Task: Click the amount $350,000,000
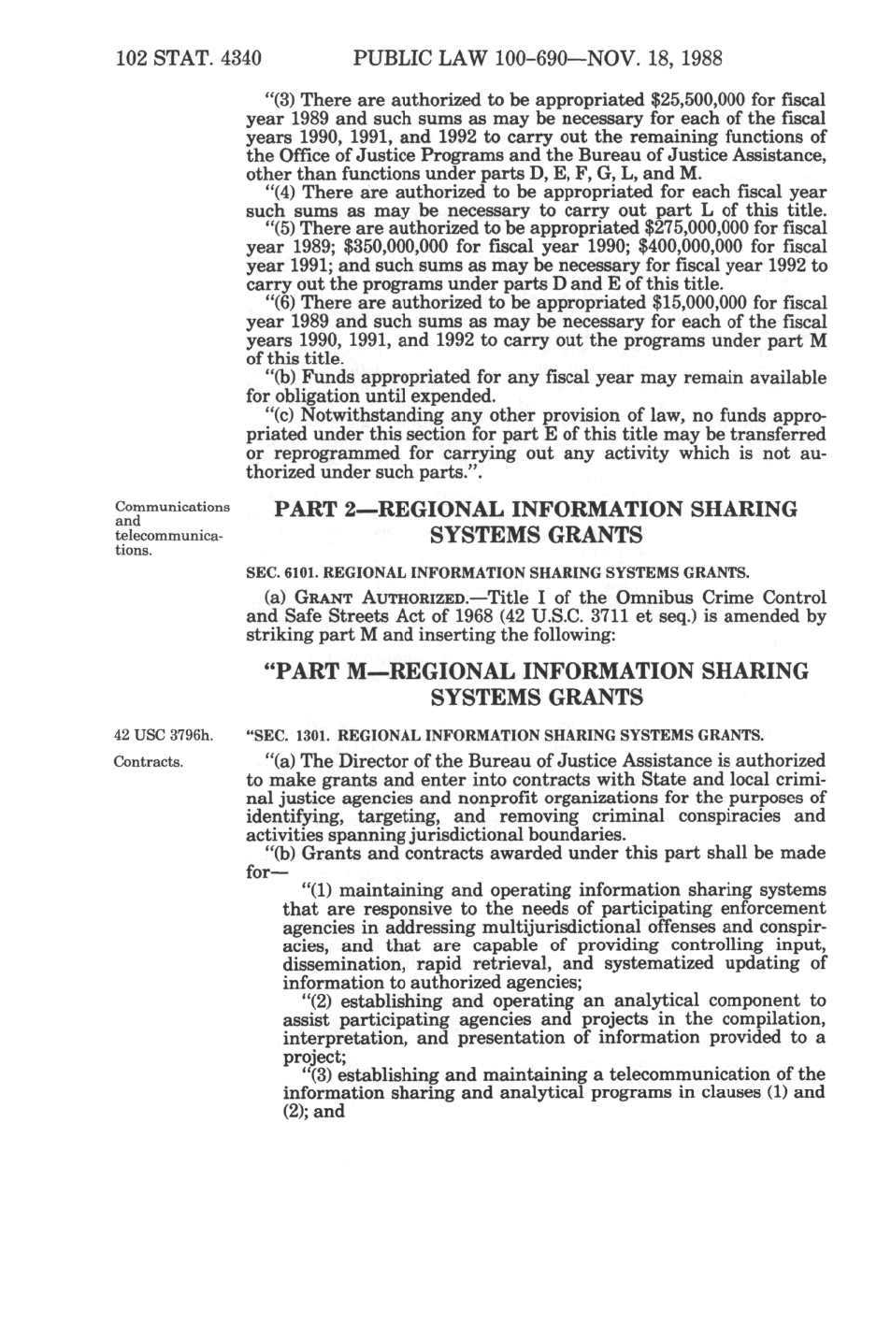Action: [396, 247]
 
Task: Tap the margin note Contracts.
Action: [148, 762]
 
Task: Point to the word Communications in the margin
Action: [172, 507]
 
